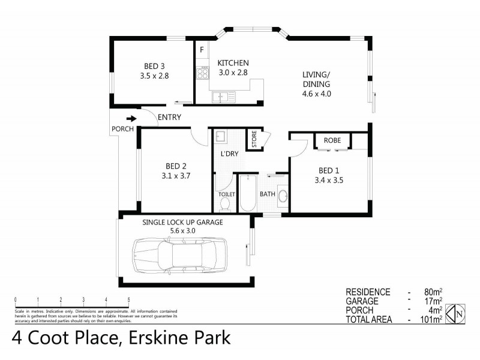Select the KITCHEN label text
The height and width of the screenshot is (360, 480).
point(233,62)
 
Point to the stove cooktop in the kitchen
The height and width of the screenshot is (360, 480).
point(202,74)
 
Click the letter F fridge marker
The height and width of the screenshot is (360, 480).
point(202,49)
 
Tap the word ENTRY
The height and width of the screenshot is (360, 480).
point(169,118)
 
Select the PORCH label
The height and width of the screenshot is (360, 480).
point(122,129)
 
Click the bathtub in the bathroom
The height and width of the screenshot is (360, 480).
point(247,193)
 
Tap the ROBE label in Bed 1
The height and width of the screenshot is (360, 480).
point(332,140)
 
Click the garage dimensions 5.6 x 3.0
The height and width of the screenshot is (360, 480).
point(182,230)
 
